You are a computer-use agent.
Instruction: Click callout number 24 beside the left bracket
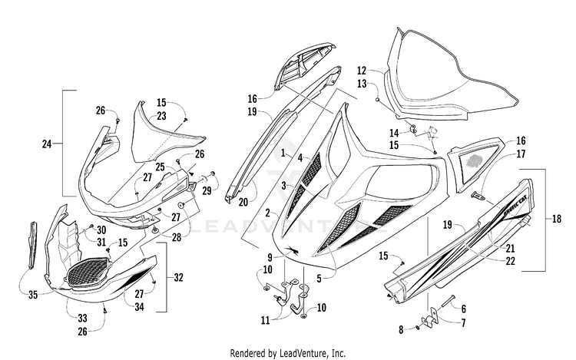coord(46,144)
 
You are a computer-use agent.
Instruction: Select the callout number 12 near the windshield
coord(362,71)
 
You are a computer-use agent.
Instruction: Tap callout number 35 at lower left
coord(33,294)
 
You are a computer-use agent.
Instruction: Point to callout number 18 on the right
coord(557,219)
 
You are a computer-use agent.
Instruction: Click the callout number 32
coord(178,277)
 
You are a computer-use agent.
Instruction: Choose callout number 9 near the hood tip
coord(270,257)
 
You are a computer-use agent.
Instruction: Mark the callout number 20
coord(243,201)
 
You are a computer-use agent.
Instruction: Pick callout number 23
coord(161,116)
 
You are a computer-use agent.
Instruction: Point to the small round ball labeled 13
coord(377,100)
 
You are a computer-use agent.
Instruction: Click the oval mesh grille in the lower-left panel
coord(89,271)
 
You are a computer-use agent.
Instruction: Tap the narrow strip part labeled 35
coord(33,245)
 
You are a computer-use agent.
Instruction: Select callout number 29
coord(207,191)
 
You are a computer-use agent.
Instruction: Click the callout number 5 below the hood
coord(319,279)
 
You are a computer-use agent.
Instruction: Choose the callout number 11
coord(265,320)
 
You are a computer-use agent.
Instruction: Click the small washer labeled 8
coord(418,328)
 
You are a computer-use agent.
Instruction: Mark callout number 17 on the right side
coord(521,154)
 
